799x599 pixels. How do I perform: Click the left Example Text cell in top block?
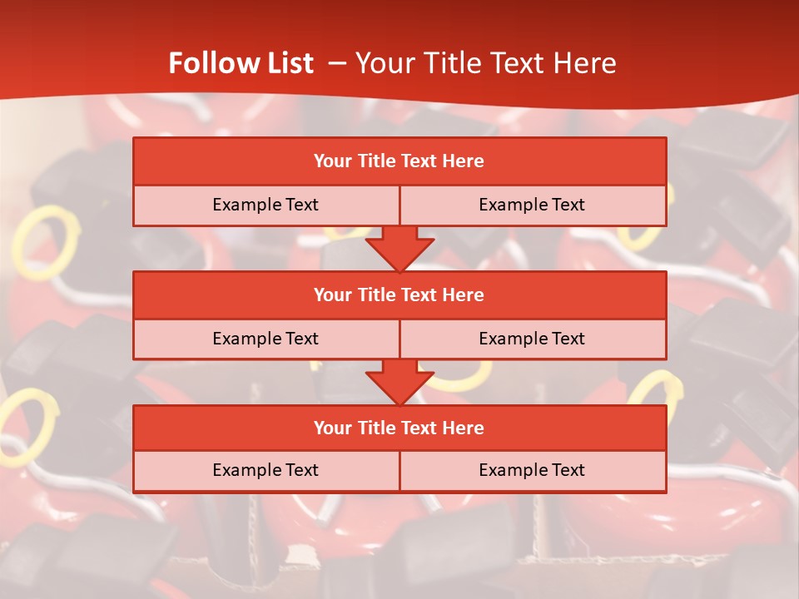tap(266, 205)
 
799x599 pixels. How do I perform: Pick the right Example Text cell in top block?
tap(533, 205)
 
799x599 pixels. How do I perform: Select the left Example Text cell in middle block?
tap(266, 339)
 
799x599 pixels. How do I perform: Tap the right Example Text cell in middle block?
tap(533, 339)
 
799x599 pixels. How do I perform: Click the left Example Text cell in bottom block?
tap(266, 470)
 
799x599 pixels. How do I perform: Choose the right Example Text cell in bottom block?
tap(533, 470)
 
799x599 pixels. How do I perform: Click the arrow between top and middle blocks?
tap(399, 248)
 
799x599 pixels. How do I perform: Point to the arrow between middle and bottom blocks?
tap(399, 381)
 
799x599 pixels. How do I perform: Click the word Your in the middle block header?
tap(332, 295)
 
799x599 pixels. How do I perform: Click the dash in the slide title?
tap(337, 63)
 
